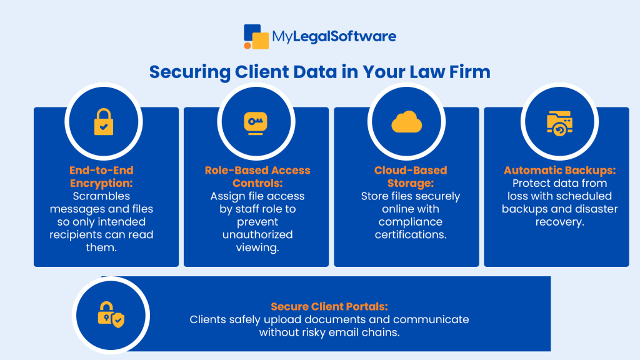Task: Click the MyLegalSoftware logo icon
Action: click(256, 36)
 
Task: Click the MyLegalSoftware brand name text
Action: click(334, 37)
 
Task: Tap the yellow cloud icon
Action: click(407, 122)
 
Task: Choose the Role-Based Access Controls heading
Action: click(257, 176)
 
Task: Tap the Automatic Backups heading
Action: click(559, 170)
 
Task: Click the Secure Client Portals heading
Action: click(329, 306)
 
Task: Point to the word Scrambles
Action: click(101, 196)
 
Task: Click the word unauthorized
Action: click(257, 235)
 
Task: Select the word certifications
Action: click(411, 235)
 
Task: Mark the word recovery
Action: click(559, 222)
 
